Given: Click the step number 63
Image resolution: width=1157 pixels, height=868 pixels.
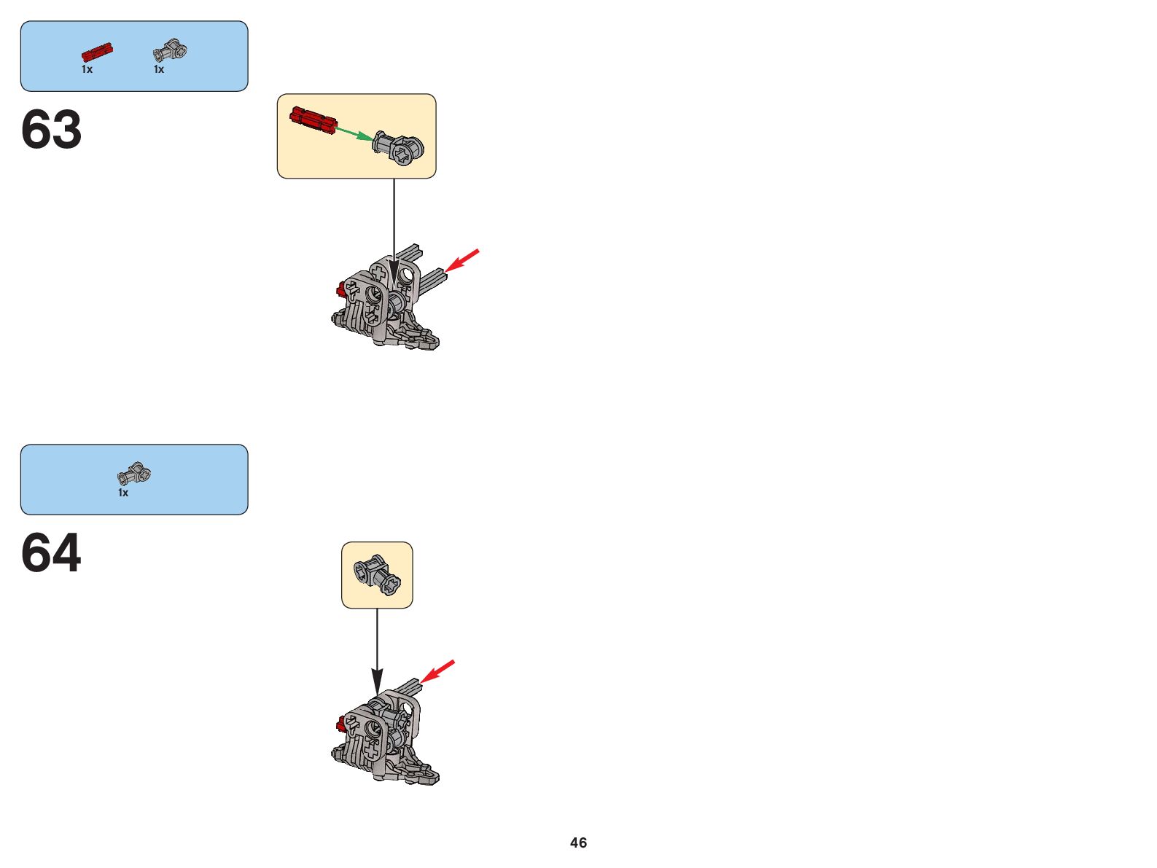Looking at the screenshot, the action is pos(51,130).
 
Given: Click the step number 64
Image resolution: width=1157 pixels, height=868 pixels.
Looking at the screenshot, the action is pos(51,553).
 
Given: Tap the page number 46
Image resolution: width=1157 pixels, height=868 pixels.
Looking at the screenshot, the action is pos(578,842).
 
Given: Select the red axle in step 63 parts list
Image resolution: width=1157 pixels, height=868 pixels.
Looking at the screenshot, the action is pos(97,52).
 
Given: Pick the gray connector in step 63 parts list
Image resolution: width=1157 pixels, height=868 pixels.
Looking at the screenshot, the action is pos(170,50).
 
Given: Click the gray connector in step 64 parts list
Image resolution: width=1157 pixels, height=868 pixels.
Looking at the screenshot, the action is pos(134,474).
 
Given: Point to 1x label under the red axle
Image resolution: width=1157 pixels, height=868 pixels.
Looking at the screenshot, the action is pos(87,69).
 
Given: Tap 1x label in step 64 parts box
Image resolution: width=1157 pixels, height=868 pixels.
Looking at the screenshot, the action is pos(123,493).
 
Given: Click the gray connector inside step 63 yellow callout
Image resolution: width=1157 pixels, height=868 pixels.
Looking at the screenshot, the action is pos(398,146).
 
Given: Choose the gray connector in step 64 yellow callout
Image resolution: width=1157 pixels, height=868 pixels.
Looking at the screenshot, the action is pos(377,574).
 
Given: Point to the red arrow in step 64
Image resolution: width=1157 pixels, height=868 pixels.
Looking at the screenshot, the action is pos(437,671).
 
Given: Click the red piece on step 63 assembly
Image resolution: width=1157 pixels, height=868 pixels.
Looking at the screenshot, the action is pos(340,291).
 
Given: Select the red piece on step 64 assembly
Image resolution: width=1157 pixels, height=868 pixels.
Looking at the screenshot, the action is pos(340,724).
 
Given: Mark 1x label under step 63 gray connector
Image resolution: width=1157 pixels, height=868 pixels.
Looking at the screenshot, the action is pos(159,69).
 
